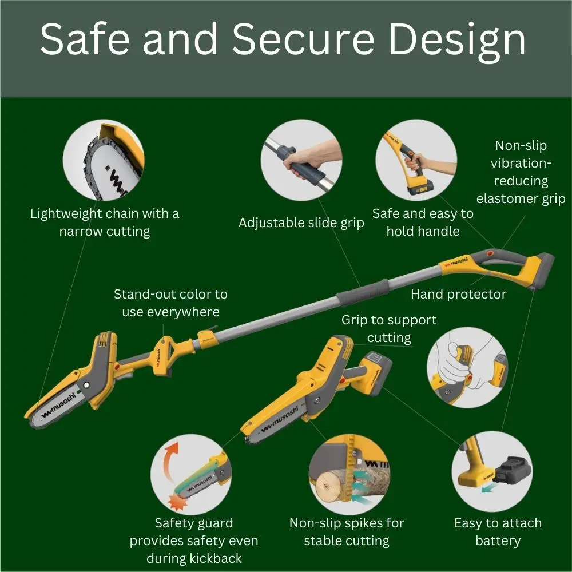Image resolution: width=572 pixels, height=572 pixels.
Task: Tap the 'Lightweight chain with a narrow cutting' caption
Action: pyautogui.click(x=105, y=223)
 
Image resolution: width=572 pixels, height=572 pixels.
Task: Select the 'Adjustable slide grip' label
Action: pyautogui.click(x=301, y=223)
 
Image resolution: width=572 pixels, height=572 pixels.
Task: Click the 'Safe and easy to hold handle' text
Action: pyautogui.click(x=423, y=222)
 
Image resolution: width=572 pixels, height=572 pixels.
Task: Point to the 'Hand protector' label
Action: pyautogui.click(x=459, y=294)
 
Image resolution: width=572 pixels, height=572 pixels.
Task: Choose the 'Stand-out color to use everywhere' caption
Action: pyautogui.click(x=170, y=303)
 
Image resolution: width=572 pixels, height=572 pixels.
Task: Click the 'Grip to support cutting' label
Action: pyautogui.click(x=389, y=328)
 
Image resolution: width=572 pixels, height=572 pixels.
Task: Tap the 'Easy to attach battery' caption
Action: pyautogui.click(x=498, y=531)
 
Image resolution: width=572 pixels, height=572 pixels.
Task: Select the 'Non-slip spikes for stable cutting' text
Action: pyautogui.click(x=347, y=531)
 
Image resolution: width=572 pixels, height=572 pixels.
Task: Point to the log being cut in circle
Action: pyautogui.click(x=332, y=485)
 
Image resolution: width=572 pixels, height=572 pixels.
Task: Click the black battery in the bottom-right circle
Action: pyautogui.click(x=513, y=471)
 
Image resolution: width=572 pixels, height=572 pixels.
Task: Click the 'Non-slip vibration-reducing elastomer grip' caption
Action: pyautogui.click(x=521, y=172)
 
